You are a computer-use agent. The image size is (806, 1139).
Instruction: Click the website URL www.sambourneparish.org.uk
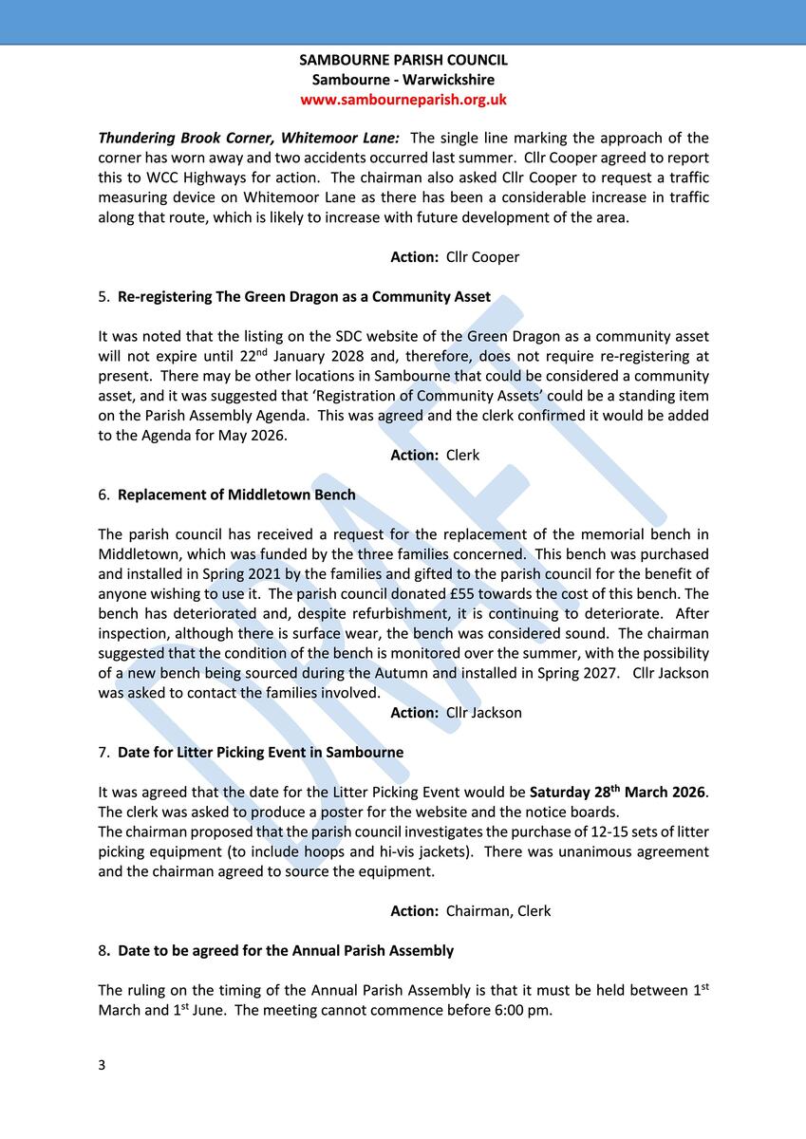click(x=403, y=100)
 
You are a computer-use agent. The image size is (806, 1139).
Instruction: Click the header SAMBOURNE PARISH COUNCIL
click(x=403, y=60)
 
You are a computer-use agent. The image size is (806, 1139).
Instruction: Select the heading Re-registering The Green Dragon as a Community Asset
click(x=304, y=297)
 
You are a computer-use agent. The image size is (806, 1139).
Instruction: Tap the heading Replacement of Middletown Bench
click(x=236, y=495)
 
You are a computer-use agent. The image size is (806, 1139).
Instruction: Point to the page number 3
click(x=102, y=1065)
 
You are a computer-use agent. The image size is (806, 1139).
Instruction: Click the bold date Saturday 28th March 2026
click(x=618, y=792)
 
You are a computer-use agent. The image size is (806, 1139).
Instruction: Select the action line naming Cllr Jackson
click(x=456, y=713)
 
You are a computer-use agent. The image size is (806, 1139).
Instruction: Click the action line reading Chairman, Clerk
click(x=470, y=911)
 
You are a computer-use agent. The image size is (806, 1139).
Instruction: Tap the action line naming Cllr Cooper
click(x=455, y=257)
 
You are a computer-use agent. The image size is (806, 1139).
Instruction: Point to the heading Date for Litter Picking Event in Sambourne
click(x=260, y=753)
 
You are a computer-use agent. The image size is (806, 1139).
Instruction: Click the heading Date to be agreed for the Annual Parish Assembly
click(x=285, y=951)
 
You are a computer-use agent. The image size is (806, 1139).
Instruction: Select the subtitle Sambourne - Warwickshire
click(x=403, y=80)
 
